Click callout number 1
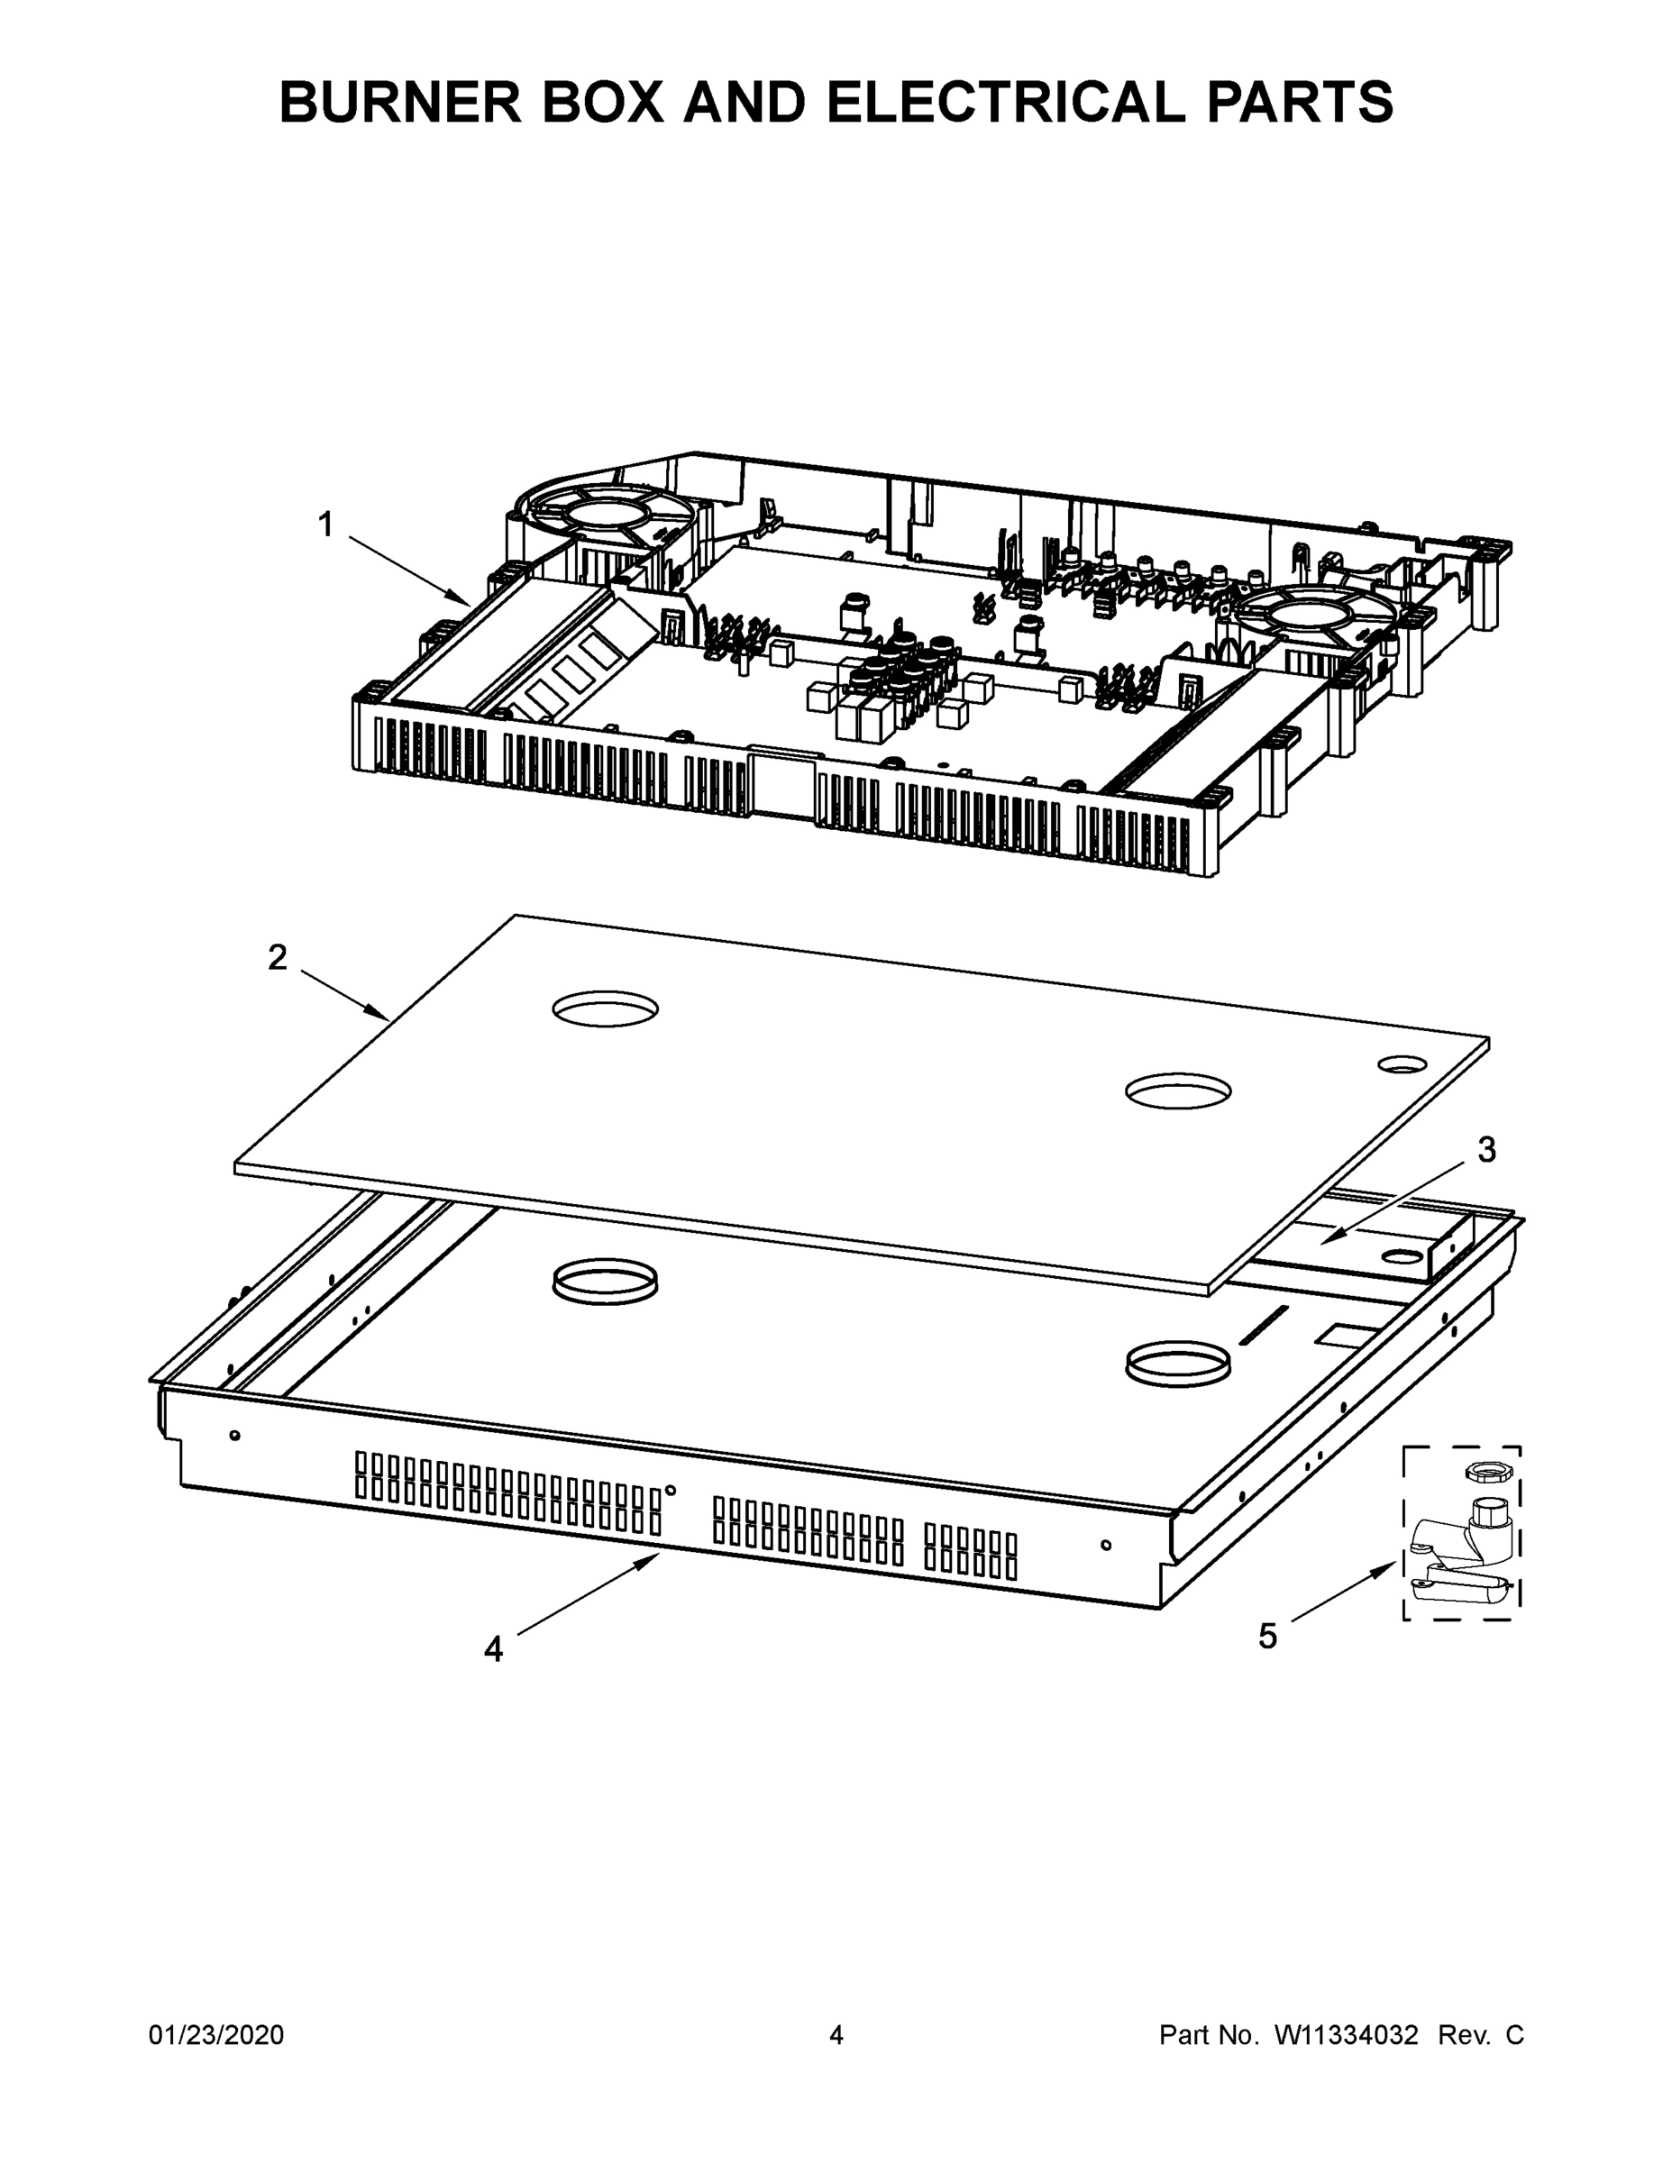coord(324,524)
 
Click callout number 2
coord(278,957)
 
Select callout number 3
coord(1485,1150)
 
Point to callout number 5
coord(1268,1636)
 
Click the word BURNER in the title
coord(400,102)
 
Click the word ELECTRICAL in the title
coord(1004,102)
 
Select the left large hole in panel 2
coord(605,1009)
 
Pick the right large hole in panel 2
coord(1178,1091)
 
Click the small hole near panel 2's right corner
coord(1402,1063)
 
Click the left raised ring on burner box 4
coord(605,1280)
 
